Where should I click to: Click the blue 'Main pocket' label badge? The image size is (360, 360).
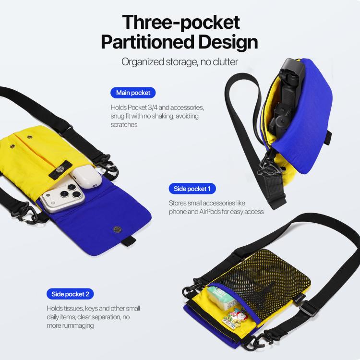coord(133,93)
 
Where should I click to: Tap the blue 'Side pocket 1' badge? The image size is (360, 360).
coord(192,189)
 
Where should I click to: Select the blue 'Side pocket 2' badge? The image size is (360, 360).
coord(70,294)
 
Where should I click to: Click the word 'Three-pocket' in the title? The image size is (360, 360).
coord(181,22)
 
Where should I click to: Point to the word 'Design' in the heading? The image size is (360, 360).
coord(228,42)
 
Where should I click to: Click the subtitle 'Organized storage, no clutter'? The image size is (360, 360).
coord(180,62)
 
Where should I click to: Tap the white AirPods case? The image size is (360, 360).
coord(86,177)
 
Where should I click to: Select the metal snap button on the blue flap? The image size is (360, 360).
coord(118,229)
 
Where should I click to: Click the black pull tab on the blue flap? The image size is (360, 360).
coord(129,241)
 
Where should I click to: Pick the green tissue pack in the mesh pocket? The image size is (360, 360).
coord(222,297)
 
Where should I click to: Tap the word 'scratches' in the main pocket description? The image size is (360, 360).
coord(124,125)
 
